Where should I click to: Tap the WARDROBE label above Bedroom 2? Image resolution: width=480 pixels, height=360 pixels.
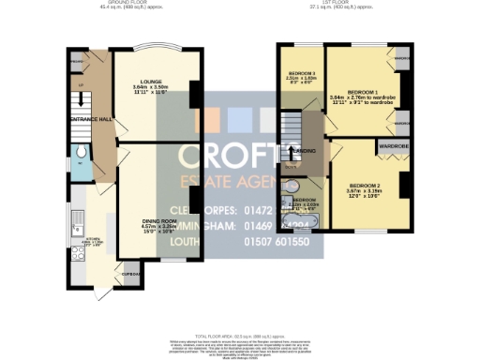click(x=392, y=147)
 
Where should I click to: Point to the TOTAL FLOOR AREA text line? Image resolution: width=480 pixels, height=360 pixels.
click(x=240, y=335)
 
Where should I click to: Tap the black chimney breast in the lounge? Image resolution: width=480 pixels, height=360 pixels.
click(x=196, y=94)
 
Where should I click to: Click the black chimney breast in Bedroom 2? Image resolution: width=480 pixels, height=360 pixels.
click(x=404, y=183)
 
